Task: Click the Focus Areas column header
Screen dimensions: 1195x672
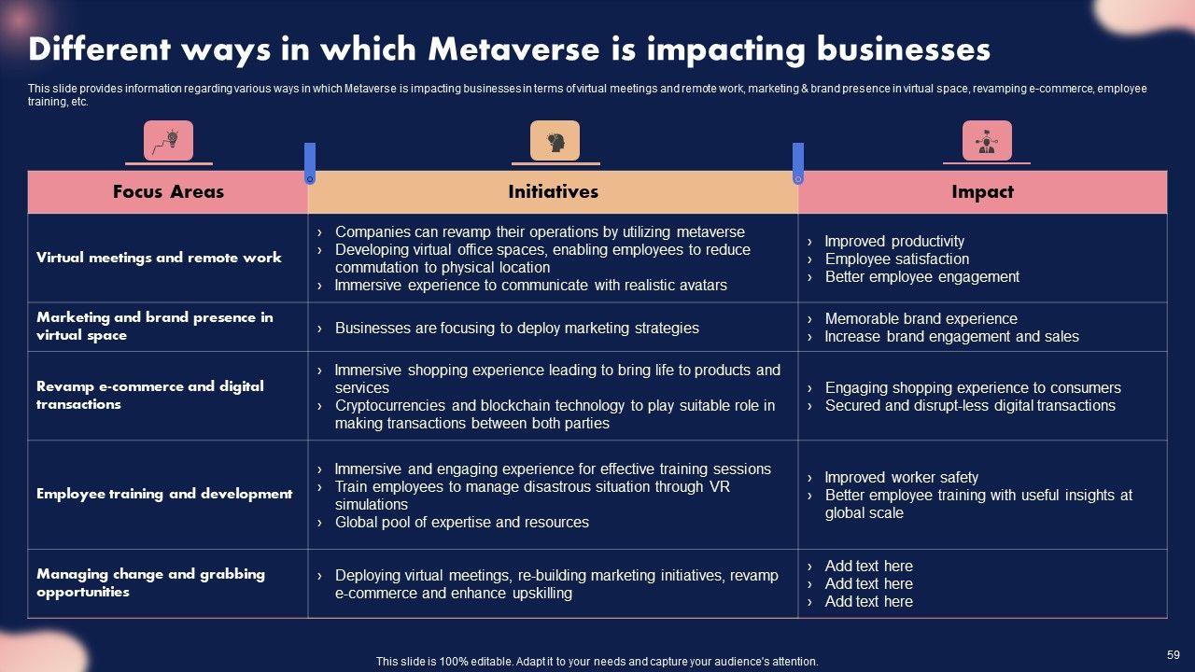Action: [x=168, y=192]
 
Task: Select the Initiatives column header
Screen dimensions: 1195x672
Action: [x=553, y=192]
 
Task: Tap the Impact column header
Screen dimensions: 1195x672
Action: [x=982, y=192]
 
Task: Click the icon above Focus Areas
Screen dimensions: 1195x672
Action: [x=168, y=141]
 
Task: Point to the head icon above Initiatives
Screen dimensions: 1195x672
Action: [x=555, y=141]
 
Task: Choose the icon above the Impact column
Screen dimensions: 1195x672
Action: [x=987, y=141]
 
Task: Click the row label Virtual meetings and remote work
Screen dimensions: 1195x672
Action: [x=159, y=258]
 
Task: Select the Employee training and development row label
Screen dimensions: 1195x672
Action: [x=164, y=494]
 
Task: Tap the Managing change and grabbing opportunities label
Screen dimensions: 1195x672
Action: [x=150, y=583]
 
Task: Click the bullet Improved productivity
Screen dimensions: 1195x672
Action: [x=894, y=242]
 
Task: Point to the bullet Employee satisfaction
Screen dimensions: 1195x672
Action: [x=896, y=259]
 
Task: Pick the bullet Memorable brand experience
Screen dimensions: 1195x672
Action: [x=921, y=319]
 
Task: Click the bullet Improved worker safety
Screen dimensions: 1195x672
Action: [x=901, y=478]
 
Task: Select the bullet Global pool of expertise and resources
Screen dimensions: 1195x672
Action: [x=461, y=523]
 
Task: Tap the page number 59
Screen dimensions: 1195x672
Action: [x=1174, y=655]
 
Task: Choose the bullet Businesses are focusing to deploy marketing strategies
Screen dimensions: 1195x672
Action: [x=516, y=329]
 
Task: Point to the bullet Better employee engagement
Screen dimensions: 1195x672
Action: [x=921, y=277]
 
